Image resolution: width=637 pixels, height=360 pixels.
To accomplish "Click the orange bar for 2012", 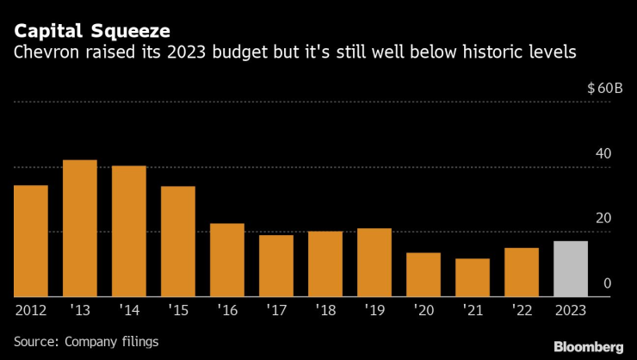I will pyautogui.click(x=31, y=241).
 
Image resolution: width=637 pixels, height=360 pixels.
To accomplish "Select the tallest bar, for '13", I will pyautogui.click(x=80, y=228).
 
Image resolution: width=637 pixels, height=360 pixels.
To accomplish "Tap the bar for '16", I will pyautogui.click(x=227, y=260).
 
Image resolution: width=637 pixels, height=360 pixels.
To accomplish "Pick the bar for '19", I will pyautogui.click(x=374, y=263).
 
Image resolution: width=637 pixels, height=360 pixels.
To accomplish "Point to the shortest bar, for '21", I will pyautogui.click(x=473, y=277).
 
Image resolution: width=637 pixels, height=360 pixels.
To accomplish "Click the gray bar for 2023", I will pyautogui.click(x=571, y=269).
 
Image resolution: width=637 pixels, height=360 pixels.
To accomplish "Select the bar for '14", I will pyautogui.click(x=129, y=231).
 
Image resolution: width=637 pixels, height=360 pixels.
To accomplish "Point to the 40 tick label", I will pyautogui.click(x=603, y=153).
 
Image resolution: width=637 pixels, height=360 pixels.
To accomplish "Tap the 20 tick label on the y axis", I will pyautogui.click(x=603, y=218).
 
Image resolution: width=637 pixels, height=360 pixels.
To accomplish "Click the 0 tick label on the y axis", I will pyautogui.click(x=608, y=282).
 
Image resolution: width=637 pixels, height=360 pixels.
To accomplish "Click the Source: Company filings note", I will pyautogui.click(x=86, y=342).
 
